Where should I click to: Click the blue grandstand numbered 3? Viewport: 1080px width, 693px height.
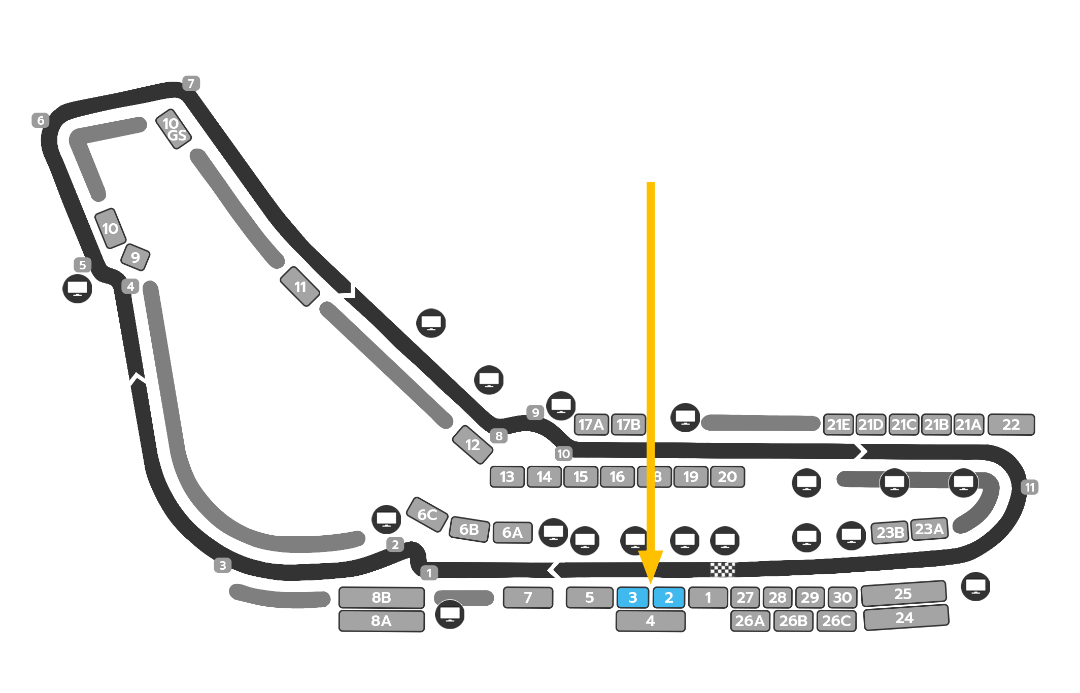632,598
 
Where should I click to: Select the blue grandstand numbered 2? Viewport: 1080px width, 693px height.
668,598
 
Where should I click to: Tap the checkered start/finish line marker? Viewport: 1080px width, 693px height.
722,570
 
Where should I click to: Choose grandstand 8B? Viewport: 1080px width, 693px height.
381,598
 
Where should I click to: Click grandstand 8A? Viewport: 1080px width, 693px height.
381,621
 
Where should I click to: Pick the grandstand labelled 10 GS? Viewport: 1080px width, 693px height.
174,129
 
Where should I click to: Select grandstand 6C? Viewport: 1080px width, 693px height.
427,515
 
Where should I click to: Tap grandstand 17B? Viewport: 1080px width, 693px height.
628,425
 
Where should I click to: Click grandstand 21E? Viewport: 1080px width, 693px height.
838,425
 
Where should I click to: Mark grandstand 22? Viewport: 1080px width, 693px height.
1011,425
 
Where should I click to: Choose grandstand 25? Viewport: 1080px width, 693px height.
903,594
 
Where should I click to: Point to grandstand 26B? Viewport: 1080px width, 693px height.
793,621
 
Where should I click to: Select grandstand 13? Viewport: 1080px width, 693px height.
507,477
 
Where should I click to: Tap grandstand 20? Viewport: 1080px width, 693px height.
727,477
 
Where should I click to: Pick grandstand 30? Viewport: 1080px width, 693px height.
842,598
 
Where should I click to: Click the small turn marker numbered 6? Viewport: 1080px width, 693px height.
41,120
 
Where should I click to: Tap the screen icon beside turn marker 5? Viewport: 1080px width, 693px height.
77,289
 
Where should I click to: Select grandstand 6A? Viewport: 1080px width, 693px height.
513,533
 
